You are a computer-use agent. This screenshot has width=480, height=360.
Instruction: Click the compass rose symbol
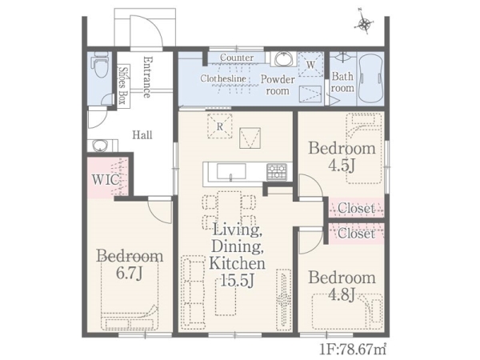pos(364,23)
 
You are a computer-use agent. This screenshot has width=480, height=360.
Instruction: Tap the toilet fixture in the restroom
pos(101,65)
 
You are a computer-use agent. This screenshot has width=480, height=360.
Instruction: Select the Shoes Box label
pos(123,86)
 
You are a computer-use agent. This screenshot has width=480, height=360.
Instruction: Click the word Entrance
pos(147,77)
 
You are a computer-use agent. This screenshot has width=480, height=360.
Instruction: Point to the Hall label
pos(142,135)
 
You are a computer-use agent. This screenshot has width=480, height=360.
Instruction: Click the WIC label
pos(105,180)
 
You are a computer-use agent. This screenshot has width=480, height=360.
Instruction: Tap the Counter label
pos(237,58)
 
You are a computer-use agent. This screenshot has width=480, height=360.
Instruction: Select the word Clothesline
pos(223,78)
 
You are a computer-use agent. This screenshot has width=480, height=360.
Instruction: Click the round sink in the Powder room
pos(284,58)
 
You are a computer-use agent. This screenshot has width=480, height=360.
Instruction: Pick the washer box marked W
pos(310,64)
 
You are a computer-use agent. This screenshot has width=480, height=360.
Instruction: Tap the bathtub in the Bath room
pos(370,78)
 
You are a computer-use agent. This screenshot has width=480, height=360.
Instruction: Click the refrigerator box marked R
pos(219,126)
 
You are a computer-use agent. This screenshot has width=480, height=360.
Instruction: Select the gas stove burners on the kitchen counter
pos(277,172)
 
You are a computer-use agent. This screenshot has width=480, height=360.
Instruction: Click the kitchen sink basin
pos(231,171)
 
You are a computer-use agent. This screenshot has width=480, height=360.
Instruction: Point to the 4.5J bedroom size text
pos(342,166)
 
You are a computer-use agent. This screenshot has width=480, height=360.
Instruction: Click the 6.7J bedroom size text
pos(130,273)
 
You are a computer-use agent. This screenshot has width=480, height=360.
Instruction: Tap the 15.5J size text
pos(238,280)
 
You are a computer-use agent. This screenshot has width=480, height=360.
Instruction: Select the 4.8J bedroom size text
pos(342,294)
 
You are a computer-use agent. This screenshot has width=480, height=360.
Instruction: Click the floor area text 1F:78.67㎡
pos(353,350)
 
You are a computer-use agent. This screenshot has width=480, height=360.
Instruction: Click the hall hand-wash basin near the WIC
pos(100,146)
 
